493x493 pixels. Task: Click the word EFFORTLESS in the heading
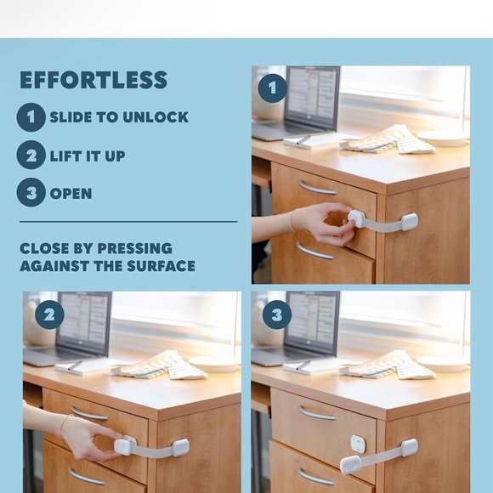[93, 80]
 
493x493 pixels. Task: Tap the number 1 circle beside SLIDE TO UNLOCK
[31, 117]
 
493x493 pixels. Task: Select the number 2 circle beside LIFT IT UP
[31, 155]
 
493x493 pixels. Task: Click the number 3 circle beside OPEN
[31, 192]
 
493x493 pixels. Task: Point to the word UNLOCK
[156, 117]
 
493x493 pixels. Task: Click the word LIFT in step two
[65, 156]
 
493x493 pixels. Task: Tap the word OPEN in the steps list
[71, 194]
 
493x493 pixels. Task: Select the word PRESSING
[135, 248]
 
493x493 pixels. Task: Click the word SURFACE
[161, 266]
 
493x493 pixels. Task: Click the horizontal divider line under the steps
[128, 222]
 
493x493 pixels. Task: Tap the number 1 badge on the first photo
[272, 88]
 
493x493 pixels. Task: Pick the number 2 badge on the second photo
[49, 314]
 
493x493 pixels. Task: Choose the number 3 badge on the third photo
[277, 314]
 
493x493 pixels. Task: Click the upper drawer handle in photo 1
[316, 189]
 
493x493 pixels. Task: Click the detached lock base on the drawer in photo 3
[359, 444]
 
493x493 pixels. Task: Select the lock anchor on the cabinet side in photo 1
[410, 221]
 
